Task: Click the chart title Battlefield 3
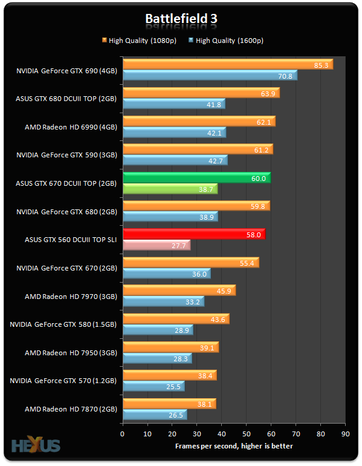(181, 19)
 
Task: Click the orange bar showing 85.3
(227, 64)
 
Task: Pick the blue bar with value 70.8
(209, 75)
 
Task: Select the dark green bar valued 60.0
(196, 177)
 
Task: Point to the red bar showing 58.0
(193, 234)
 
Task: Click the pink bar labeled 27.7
(156, 245)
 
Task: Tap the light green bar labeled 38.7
(170, 189)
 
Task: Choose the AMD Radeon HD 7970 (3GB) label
(71, 297)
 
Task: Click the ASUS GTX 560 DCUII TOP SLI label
(71, 240)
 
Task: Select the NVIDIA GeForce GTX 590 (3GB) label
(68, 155)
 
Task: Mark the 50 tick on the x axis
(247, 434)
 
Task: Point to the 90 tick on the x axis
(346, 434)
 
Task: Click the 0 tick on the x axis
(123, 434)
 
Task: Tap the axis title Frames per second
(234, 446)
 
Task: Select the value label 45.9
(224, 291)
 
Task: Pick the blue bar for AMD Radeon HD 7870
(155, 415)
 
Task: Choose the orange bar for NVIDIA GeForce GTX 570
(169, 375)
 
